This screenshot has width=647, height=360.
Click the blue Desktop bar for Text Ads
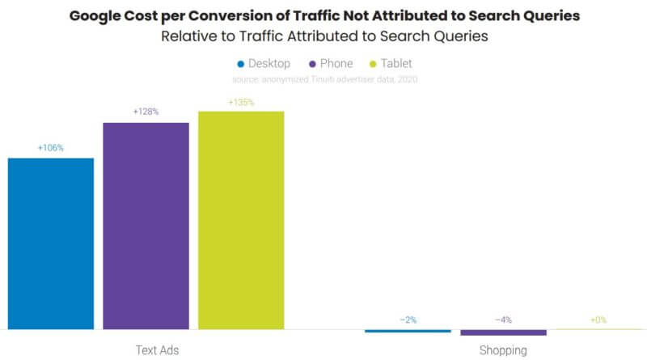click(51, 243)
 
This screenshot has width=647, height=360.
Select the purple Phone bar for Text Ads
click(146, 226)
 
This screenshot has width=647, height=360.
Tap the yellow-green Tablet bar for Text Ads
click(241, 219)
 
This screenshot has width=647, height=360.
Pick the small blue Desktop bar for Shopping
click(408, 331)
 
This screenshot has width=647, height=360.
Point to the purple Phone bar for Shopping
click(503, 332)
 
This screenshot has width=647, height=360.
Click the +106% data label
click(50, 148)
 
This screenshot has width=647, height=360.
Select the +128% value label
click(146, 112)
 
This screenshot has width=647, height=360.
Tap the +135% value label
click(241, 102)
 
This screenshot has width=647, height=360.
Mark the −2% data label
click(408, 320)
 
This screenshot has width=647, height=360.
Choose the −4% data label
click(503, 320)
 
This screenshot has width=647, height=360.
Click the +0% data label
click(598, 320)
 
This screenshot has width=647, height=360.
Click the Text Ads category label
click(157, 350)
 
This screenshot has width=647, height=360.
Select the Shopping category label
click(503, 350)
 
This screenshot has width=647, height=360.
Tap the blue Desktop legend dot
click(240, 64)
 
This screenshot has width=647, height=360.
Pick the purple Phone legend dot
click(312, 64)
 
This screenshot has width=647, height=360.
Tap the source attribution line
click(323, 78)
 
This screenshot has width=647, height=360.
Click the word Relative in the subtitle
click(188, 36)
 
